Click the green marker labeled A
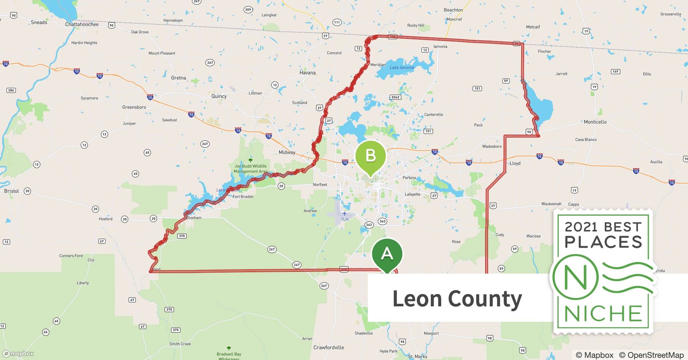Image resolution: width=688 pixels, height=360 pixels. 387,254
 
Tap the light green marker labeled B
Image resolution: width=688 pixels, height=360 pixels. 370,156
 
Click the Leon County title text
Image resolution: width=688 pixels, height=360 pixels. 457,298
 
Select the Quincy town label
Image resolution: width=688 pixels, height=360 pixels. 219,96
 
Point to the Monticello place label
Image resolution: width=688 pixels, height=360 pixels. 595,122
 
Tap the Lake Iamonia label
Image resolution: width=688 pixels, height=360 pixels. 402,67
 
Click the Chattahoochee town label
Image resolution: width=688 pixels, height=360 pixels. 82,24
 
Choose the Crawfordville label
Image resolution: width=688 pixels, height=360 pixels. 329,347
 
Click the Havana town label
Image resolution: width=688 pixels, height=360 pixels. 307,72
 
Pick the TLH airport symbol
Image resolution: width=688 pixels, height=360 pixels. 344,214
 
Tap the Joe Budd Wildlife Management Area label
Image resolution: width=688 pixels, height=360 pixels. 250,168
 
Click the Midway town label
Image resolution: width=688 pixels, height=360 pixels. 287,152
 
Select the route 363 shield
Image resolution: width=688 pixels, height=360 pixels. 382,221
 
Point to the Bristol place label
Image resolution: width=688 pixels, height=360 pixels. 12,191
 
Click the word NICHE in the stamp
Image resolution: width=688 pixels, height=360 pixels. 603,314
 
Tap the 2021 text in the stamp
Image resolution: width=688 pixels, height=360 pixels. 581,227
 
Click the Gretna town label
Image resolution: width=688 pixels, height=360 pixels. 178,78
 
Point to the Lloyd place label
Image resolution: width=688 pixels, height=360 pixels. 515,163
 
